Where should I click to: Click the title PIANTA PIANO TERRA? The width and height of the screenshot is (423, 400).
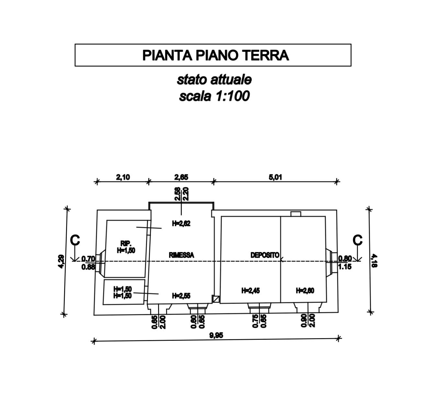[x=215, y=55]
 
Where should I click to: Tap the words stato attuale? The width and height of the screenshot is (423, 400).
[x=214, y=80]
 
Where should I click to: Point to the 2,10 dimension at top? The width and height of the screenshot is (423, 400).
[x=123, y=177]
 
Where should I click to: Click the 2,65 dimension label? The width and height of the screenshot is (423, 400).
[x=181, y=177]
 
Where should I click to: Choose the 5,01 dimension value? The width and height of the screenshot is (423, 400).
[x=275, y=177]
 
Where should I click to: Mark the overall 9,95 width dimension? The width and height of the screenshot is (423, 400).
[x=216, y=335]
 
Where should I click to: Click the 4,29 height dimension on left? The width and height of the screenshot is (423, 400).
[x=61, y=261]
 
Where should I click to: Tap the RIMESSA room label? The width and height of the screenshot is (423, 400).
[x=181, y=255]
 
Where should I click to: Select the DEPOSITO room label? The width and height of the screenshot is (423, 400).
[x=265, y=255]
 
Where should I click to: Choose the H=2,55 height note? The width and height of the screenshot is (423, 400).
[x=181, y=295]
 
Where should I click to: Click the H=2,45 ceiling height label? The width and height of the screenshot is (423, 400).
[x=251, y=291]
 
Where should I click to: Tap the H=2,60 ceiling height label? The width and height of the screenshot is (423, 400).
[x=305, y=291]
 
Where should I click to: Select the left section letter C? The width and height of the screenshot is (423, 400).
[x=75, y=240]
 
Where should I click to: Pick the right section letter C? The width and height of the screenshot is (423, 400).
[x=357, y=240]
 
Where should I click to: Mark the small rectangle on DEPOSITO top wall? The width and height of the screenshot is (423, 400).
[x=296, y=214]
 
